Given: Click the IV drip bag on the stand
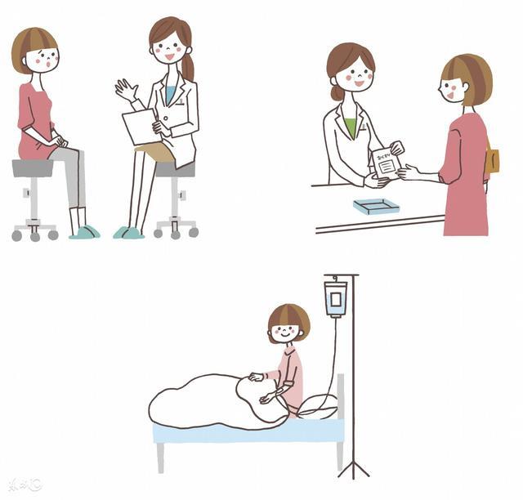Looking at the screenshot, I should tap(336, 297).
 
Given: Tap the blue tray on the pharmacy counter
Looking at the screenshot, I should tap(378, 208).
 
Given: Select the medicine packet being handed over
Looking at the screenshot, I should tap(386, 164).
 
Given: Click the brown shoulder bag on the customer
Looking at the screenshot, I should tap(492, 159).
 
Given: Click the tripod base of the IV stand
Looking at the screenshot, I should tap(353, 468).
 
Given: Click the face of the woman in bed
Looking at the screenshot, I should tap(285, 331).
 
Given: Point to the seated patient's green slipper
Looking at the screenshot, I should tap(85, 232).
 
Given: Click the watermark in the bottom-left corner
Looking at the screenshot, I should tap(24, 485).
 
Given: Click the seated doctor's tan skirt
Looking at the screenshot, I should tap(157, 151).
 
